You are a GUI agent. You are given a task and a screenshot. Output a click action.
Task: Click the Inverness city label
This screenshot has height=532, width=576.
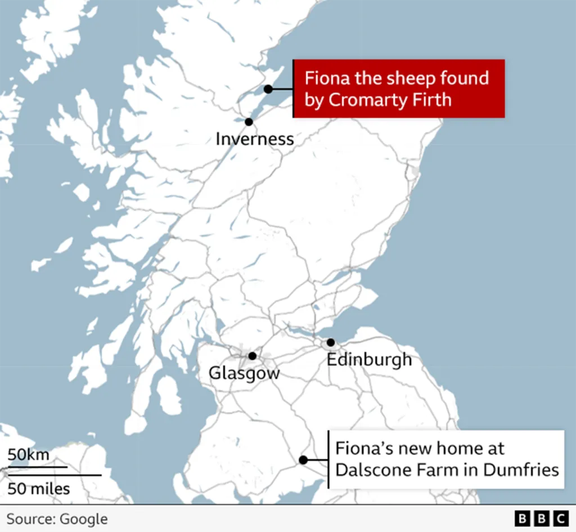click(x=254, y=138)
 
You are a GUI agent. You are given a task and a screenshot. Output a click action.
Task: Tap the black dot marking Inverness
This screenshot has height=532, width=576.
click(x=249, y=122)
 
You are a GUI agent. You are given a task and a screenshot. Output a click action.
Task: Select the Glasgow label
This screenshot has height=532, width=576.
click(x=244, y=373)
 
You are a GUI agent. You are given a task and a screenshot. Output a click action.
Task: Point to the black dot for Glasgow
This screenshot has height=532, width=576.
click(x=253, y=356)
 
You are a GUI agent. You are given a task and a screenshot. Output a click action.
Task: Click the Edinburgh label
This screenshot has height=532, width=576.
click(x=369, y=359)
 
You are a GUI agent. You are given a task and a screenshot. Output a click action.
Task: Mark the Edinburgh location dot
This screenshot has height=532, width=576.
click(x=331, y=342)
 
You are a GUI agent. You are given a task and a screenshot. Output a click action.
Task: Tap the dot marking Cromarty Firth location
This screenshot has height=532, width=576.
click(x=268, y=89)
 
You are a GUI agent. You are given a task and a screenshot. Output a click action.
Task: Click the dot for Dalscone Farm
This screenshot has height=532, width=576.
click(x=303, y=460)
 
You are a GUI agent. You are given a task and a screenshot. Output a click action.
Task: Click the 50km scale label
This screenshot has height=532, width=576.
click(x=29, y=455)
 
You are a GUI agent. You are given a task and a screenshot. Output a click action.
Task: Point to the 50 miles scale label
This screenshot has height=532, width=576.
click(x=39, y=488)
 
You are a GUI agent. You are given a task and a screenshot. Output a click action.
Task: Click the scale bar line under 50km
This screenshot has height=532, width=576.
click(x=37, y=467)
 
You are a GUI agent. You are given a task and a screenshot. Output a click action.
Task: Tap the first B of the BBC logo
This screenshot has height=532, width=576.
click(x=523, y=518)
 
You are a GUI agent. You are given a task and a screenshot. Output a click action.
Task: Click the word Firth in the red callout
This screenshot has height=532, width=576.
click(x=435, y=100)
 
